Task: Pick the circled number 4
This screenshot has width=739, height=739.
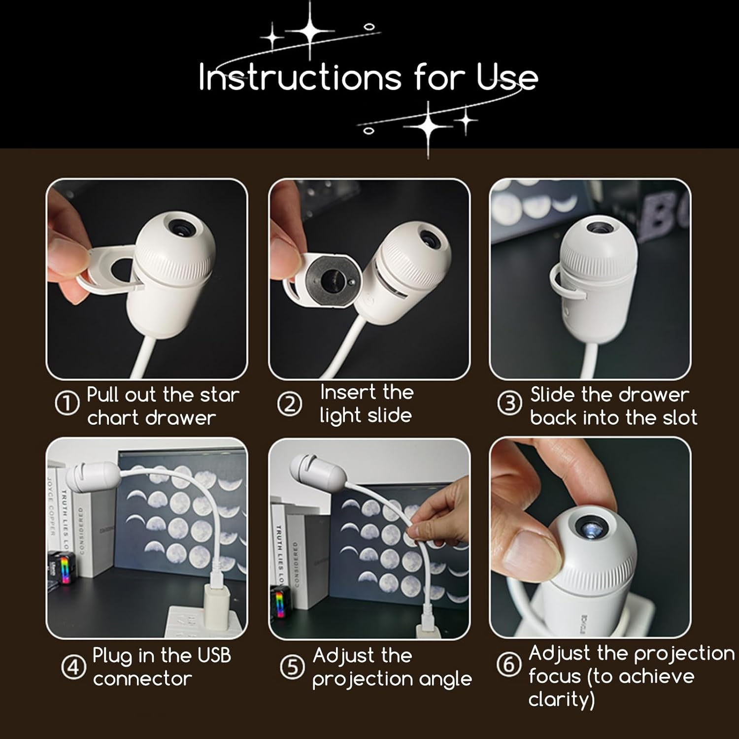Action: point(73,668)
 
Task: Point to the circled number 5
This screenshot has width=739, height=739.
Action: point(293,668)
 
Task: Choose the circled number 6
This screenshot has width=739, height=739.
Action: point(509,665)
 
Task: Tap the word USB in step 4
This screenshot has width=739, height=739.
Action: point(214,656)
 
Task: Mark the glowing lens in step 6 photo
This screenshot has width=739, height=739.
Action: point(591,529)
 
